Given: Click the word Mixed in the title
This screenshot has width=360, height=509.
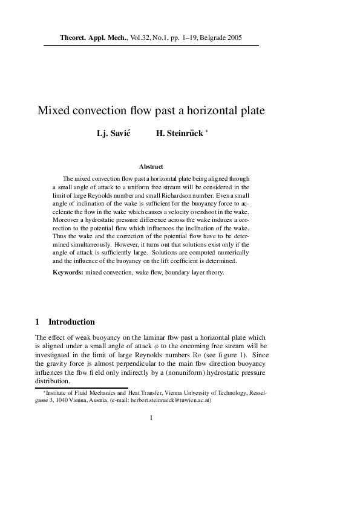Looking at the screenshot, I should (55, 111).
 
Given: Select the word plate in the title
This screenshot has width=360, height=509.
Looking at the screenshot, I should (232, 111).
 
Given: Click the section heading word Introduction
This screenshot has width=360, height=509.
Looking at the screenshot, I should (71, 322).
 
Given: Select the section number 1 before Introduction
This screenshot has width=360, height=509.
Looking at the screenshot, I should (38, 322).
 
